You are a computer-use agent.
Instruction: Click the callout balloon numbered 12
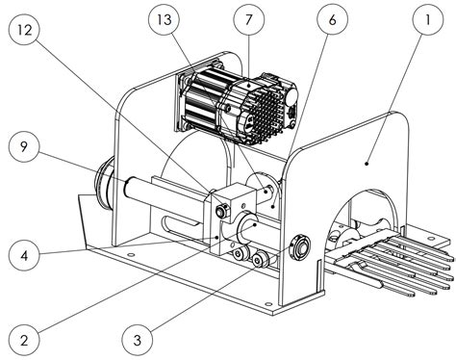[x=25, y=30]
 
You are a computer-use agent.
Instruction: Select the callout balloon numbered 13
[x=165, y=20]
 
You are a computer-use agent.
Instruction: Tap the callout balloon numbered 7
[x=249, y=20]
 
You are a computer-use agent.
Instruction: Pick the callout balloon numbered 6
[x=333, y=20]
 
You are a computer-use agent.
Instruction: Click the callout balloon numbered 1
[x=428, y=20]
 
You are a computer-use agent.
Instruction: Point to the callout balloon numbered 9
[x=24, y=147]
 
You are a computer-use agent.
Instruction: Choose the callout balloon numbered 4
[x=24, y=256]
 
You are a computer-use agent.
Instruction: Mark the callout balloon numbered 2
[x=24, y=340]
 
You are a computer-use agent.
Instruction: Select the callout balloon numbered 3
[x=138, y=340]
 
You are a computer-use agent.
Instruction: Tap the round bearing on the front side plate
[x=300, y=247]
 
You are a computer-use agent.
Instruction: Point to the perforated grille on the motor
[x=266, y=114]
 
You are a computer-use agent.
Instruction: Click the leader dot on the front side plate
[x=367, y=164]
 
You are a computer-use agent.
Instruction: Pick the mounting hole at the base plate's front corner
[x=267, y=303]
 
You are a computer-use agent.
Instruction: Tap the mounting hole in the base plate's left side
[x=130, y=255]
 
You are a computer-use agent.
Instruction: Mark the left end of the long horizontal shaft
[x=126, y=187]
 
